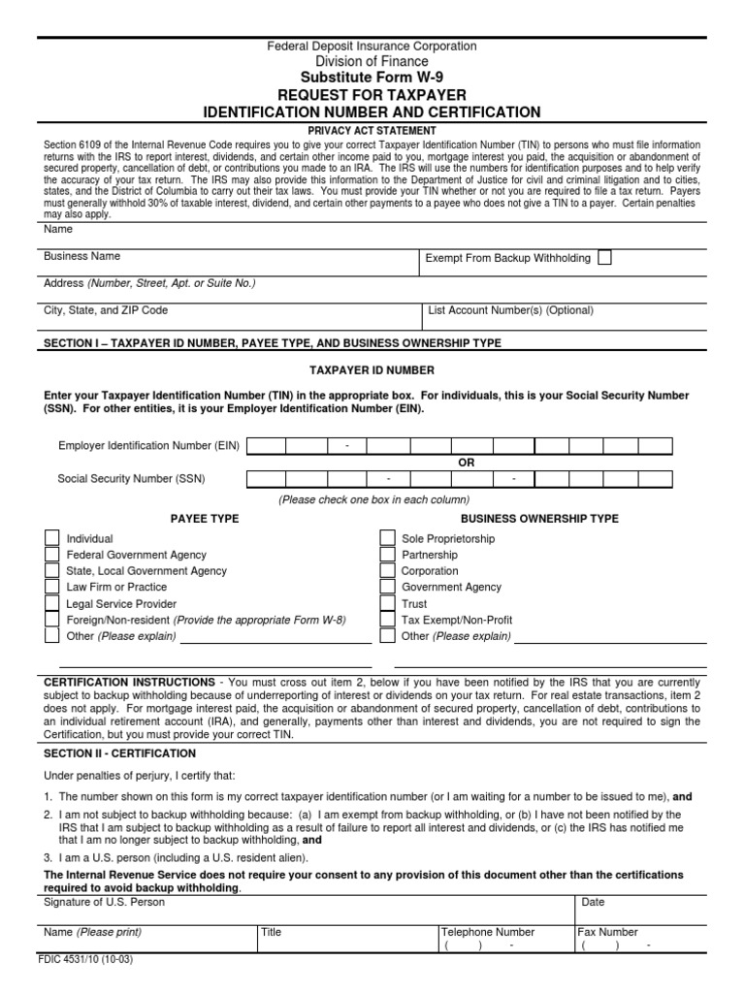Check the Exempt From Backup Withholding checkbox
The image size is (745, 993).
604,258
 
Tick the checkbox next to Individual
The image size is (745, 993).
51,538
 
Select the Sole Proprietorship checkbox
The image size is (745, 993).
387,538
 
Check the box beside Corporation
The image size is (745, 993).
387,571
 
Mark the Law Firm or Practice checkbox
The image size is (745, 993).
51,588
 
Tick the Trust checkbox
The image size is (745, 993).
387,603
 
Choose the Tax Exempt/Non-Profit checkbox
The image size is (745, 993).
387,620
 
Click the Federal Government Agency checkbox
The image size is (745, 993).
51,555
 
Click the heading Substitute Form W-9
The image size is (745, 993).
372,78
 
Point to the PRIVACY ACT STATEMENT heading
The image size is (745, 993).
372,129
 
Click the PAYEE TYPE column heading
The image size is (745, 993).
205,519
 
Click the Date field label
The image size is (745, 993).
593,903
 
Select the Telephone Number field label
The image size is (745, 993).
488,932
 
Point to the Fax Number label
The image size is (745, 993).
608,932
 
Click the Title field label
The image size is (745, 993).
271,932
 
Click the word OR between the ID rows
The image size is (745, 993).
467,463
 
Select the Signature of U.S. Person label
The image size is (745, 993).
105,903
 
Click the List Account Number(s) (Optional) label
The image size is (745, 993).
511,311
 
